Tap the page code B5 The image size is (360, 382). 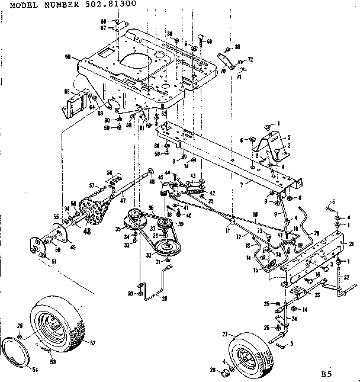[326, 374]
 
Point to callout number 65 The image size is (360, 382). [66, 92]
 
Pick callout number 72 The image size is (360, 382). [250, 60]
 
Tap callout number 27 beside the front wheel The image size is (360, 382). [225, 335]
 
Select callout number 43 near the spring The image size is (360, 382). [192, 176]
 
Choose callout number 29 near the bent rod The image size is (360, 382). [164, 297]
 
